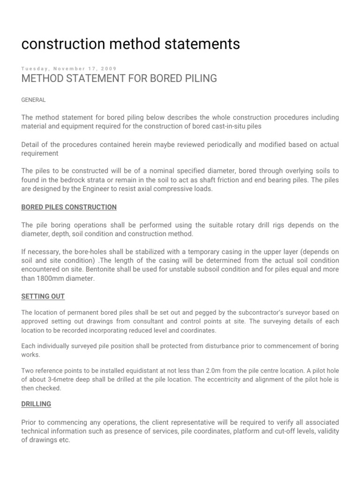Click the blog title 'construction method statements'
pyautogui.click(x=131, y=44)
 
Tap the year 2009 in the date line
pyautogui.click(x=109, y=68)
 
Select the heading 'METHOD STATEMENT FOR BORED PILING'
pyautogui.click(x=119, y=79)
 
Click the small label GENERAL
pyautogui.click(x=34, y=100)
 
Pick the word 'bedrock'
pyautogui.click(x=93, y=180)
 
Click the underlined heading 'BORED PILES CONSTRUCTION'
pyautogui.click(x=69, y=207)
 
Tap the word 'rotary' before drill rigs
pyautogui.click(x=230, y=225)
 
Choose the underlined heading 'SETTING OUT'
pyautogui.click(x=43, y=297)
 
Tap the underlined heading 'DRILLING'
pyautogui.click(x=37, y=404)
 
